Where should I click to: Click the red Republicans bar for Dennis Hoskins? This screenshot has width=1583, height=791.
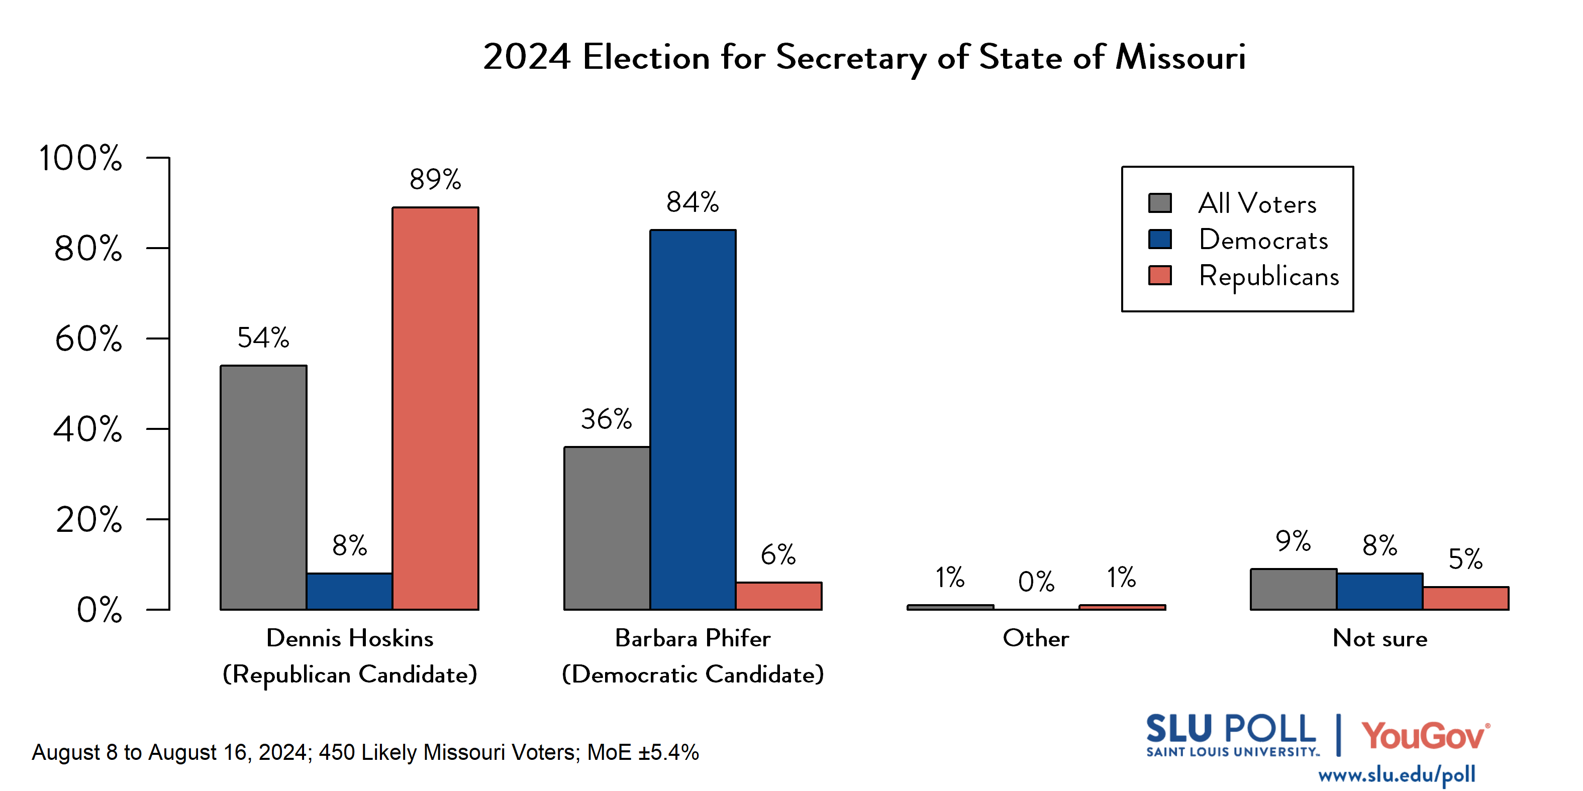click(x=435, y=408)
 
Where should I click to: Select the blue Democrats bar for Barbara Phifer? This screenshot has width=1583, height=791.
click(x=692, y=419)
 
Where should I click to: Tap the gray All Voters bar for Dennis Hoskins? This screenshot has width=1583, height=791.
click(x=263, y=487)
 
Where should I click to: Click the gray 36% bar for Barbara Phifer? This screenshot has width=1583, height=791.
click(x=607, y=528)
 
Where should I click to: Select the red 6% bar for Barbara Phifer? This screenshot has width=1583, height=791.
click(x=778, y=596)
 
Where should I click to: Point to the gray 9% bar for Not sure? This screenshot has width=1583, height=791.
click(x=1293, y=589)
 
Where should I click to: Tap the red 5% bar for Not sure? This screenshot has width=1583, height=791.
click(x=1465, y=598)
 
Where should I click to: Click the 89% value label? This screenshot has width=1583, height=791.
click(x=435, y=179)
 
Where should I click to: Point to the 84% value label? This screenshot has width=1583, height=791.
click(x=692, y=202)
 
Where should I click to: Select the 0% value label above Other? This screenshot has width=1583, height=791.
click(x=1036, y=582)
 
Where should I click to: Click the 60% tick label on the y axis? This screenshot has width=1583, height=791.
click(x=88, y=338)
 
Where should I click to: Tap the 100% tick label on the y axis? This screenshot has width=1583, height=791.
click(x=80, y=158)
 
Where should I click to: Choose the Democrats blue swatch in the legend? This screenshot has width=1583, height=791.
click(x=1159, y=239)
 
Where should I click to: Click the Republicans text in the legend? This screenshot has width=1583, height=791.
click(x=1268, y=276)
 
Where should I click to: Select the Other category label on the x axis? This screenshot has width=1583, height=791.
click(x=1036, y=638)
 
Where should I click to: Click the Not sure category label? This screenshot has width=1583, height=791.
click(x=1379, y=638)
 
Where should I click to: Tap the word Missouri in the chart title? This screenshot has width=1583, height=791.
click(x=1180, y=57)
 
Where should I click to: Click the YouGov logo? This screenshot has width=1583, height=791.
click(x=1425, y=736)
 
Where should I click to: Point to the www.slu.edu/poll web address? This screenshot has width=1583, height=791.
click(x=1396, y=774)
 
